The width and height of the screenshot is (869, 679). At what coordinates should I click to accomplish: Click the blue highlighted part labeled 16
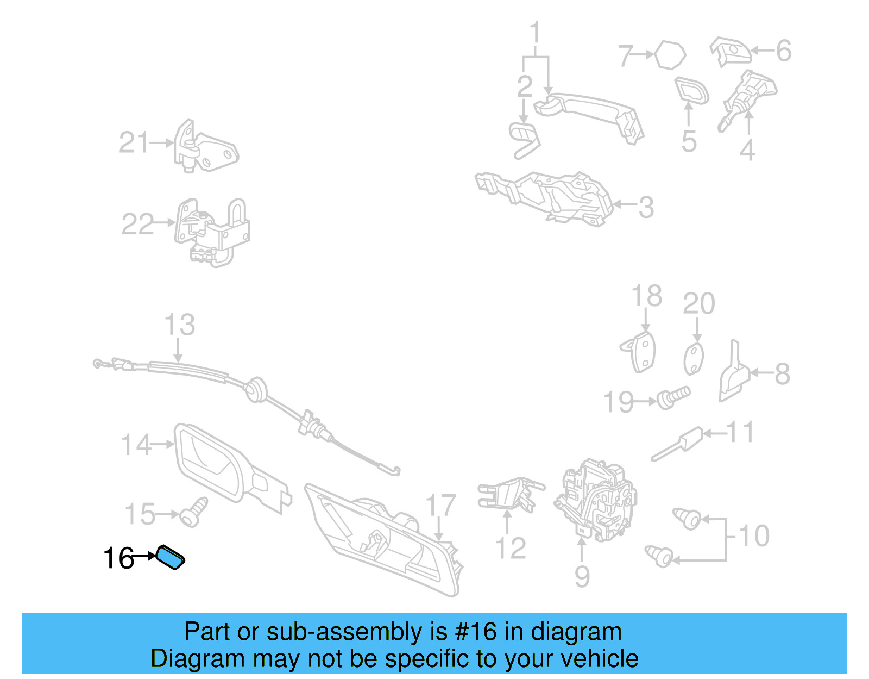coord(170,557)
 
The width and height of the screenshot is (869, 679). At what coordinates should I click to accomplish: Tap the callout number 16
coord(119,558)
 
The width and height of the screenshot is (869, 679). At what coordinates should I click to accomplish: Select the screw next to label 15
coord(193,513)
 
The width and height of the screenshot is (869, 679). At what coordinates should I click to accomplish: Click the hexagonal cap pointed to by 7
coord(670,55)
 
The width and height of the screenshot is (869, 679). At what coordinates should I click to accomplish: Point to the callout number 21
coord(134,142)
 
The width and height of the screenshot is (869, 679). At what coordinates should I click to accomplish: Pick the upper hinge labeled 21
coord(205,146)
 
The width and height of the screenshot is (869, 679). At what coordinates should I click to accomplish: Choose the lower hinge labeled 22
coord(212,233)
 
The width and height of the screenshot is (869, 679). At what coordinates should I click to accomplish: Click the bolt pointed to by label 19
coord(673,398)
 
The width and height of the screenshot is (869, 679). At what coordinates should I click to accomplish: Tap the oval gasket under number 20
coord(694,359)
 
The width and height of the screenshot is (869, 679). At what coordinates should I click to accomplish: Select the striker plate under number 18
coord(639,352)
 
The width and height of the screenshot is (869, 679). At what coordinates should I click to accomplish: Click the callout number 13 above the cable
coord(180,325)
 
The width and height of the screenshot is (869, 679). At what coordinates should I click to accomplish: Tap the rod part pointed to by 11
coord(677,444)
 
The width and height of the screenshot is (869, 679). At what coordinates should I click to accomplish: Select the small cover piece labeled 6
coord(731,52)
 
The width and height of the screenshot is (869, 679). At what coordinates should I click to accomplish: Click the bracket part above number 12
coord(511,495)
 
